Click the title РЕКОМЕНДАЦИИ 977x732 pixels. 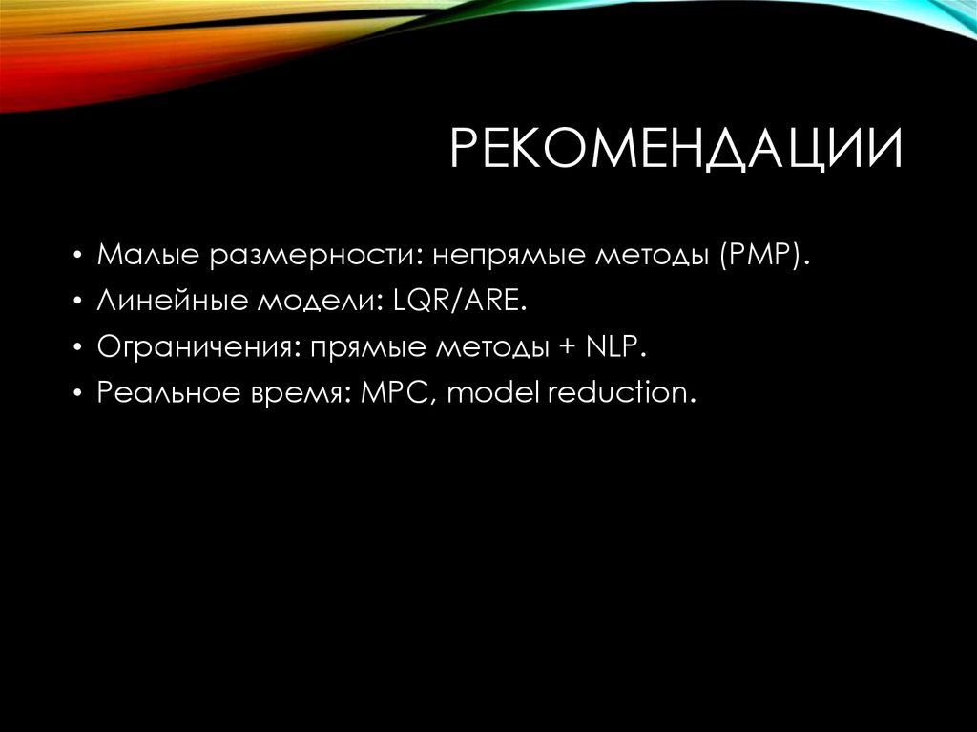point(676,152)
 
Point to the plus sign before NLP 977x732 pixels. point(569,349)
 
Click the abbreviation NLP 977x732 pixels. point(617,348)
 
